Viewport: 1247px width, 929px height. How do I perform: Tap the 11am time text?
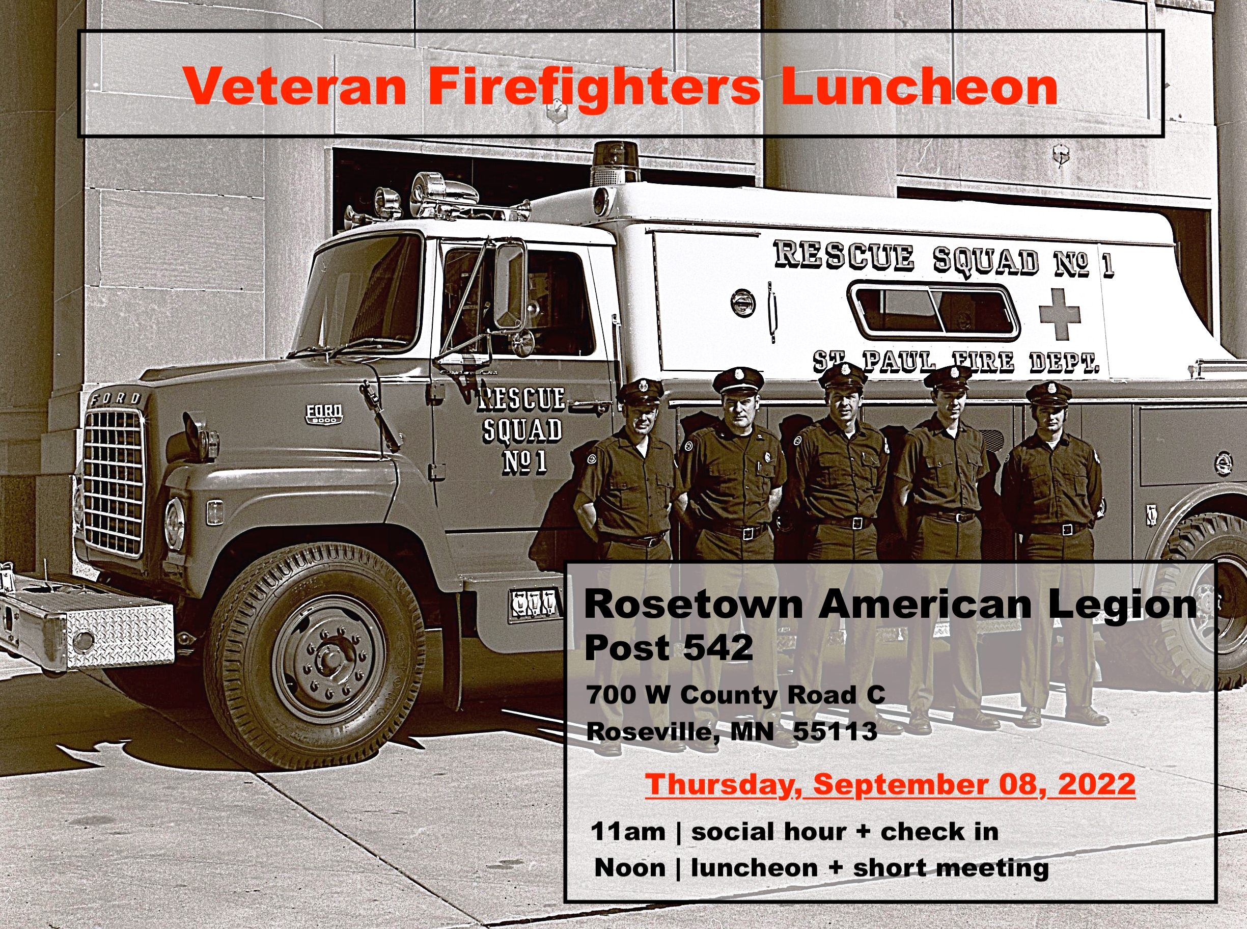click(x=628, y=832)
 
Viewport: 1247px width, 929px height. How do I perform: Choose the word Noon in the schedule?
click(x=630, y=868)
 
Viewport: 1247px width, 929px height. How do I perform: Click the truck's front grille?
click(x=114, y=482)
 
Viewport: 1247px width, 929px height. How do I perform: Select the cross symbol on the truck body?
click(x=1060, y=314)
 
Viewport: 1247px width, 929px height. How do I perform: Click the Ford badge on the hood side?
click(x=324, y=414)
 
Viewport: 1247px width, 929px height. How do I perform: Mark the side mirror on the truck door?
click(x=509, y=285)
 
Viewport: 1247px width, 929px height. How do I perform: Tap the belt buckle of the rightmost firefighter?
click(x=1064, y=529)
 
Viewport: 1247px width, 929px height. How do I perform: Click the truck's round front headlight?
click(x=175, y=524)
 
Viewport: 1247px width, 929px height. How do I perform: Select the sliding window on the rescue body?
click(x=934, y=311)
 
